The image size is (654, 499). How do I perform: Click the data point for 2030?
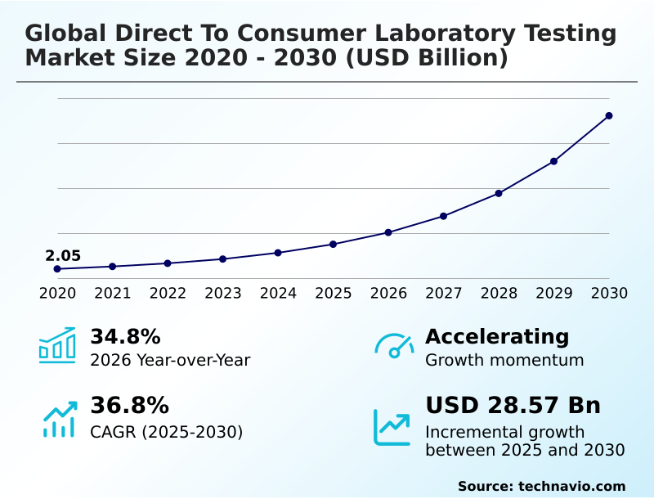609,115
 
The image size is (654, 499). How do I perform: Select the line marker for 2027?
443,216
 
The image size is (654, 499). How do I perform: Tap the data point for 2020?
57,269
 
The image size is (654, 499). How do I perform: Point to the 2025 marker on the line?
333,244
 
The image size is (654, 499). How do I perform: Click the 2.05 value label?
63,256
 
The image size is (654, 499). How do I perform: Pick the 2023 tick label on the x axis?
222,293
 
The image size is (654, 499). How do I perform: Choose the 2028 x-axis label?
499,293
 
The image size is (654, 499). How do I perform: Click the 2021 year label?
112,293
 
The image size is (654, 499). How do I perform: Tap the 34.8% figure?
125,337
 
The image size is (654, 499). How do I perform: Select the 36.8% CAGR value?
129,406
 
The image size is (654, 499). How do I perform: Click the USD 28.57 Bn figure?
513,406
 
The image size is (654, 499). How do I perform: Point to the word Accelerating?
497,337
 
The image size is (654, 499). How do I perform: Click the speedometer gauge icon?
394,346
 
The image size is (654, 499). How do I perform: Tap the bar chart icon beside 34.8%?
57,345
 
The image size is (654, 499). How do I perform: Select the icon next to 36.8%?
59,418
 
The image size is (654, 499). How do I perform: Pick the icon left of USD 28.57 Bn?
392,427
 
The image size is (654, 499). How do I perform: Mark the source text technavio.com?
571,486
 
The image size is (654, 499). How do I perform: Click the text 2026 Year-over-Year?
170,360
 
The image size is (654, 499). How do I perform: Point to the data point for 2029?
553,161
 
